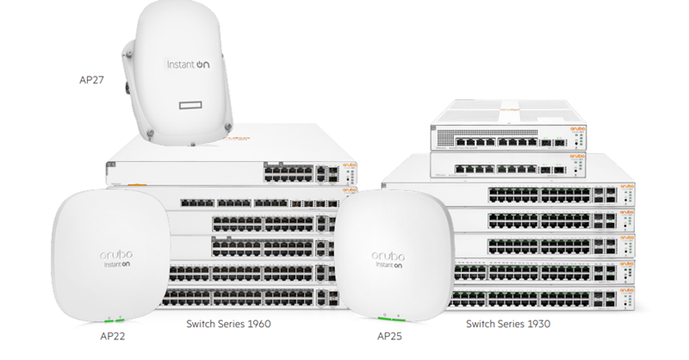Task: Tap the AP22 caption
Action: tap(113, 335)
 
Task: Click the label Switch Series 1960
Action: tap(228, 325)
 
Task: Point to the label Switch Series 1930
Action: tap(508, 325)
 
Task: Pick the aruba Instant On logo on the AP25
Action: tap(391, 260)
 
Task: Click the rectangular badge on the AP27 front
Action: tap(196, 104)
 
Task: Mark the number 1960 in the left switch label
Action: tap(258, 325)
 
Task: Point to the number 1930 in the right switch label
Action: tap(537, 325)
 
